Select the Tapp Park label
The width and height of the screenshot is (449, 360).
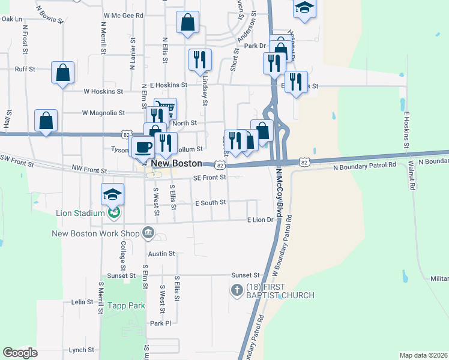(126, 305)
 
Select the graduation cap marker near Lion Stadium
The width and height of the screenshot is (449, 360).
(112, 194)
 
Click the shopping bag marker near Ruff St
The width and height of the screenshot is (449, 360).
(62, 73)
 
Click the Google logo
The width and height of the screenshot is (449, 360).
(20, 353)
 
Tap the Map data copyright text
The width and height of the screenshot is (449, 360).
(423, 355)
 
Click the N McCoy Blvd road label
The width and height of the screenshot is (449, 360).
(279, 192)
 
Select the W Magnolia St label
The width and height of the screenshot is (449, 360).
(103, 112)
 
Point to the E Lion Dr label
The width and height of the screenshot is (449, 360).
(260, 220)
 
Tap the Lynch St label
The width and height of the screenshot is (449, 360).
(82, 350)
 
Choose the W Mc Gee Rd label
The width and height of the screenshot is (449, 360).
(123, 16)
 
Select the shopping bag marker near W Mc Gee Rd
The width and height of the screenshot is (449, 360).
(188, 23)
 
